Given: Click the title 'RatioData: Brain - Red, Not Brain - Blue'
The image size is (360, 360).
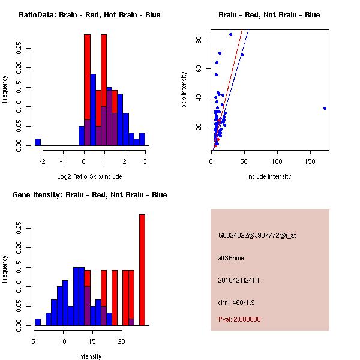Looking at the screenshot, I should click(89, 15).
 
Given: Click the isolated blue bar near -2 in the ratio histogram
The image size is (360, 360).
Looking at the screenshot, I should click(37, 142).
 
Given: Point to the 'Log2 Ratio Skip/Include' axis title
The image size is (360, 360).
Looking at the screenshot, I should click(89, 176).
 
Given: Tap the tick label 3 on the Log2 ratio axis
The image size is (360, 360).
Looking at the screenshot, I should click(145, 161).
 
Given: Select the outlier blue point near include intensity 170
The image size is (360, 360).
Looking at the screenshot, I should click(325, 109).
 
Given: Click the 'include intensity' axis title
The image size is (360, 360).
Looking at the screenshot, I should click(269, 176).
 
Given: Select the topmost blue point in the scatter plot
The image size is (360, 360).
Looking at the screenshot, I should click(230, 34).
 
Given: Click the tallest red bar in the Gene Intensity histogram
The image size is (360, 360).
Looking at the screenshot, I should click(142, 270).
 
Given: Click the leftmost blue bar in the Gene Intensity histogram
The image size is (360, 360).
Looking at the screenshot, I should click(37, 322).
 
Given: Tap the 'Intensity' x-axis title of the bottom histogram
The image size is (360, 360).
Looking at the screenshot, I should click(90, 356).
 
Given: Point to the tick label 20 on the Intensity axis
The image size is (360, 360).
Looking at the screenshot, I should click(121, 341).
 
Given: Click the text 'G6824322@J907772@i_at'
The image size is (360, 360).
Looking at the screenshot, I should click(257, 235).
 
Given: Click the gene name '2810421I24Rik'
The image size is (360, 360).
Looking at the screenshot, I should click(239, 280).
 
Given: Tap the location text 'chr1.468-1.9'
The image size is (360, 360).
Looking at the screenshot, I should click(236, 302).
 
